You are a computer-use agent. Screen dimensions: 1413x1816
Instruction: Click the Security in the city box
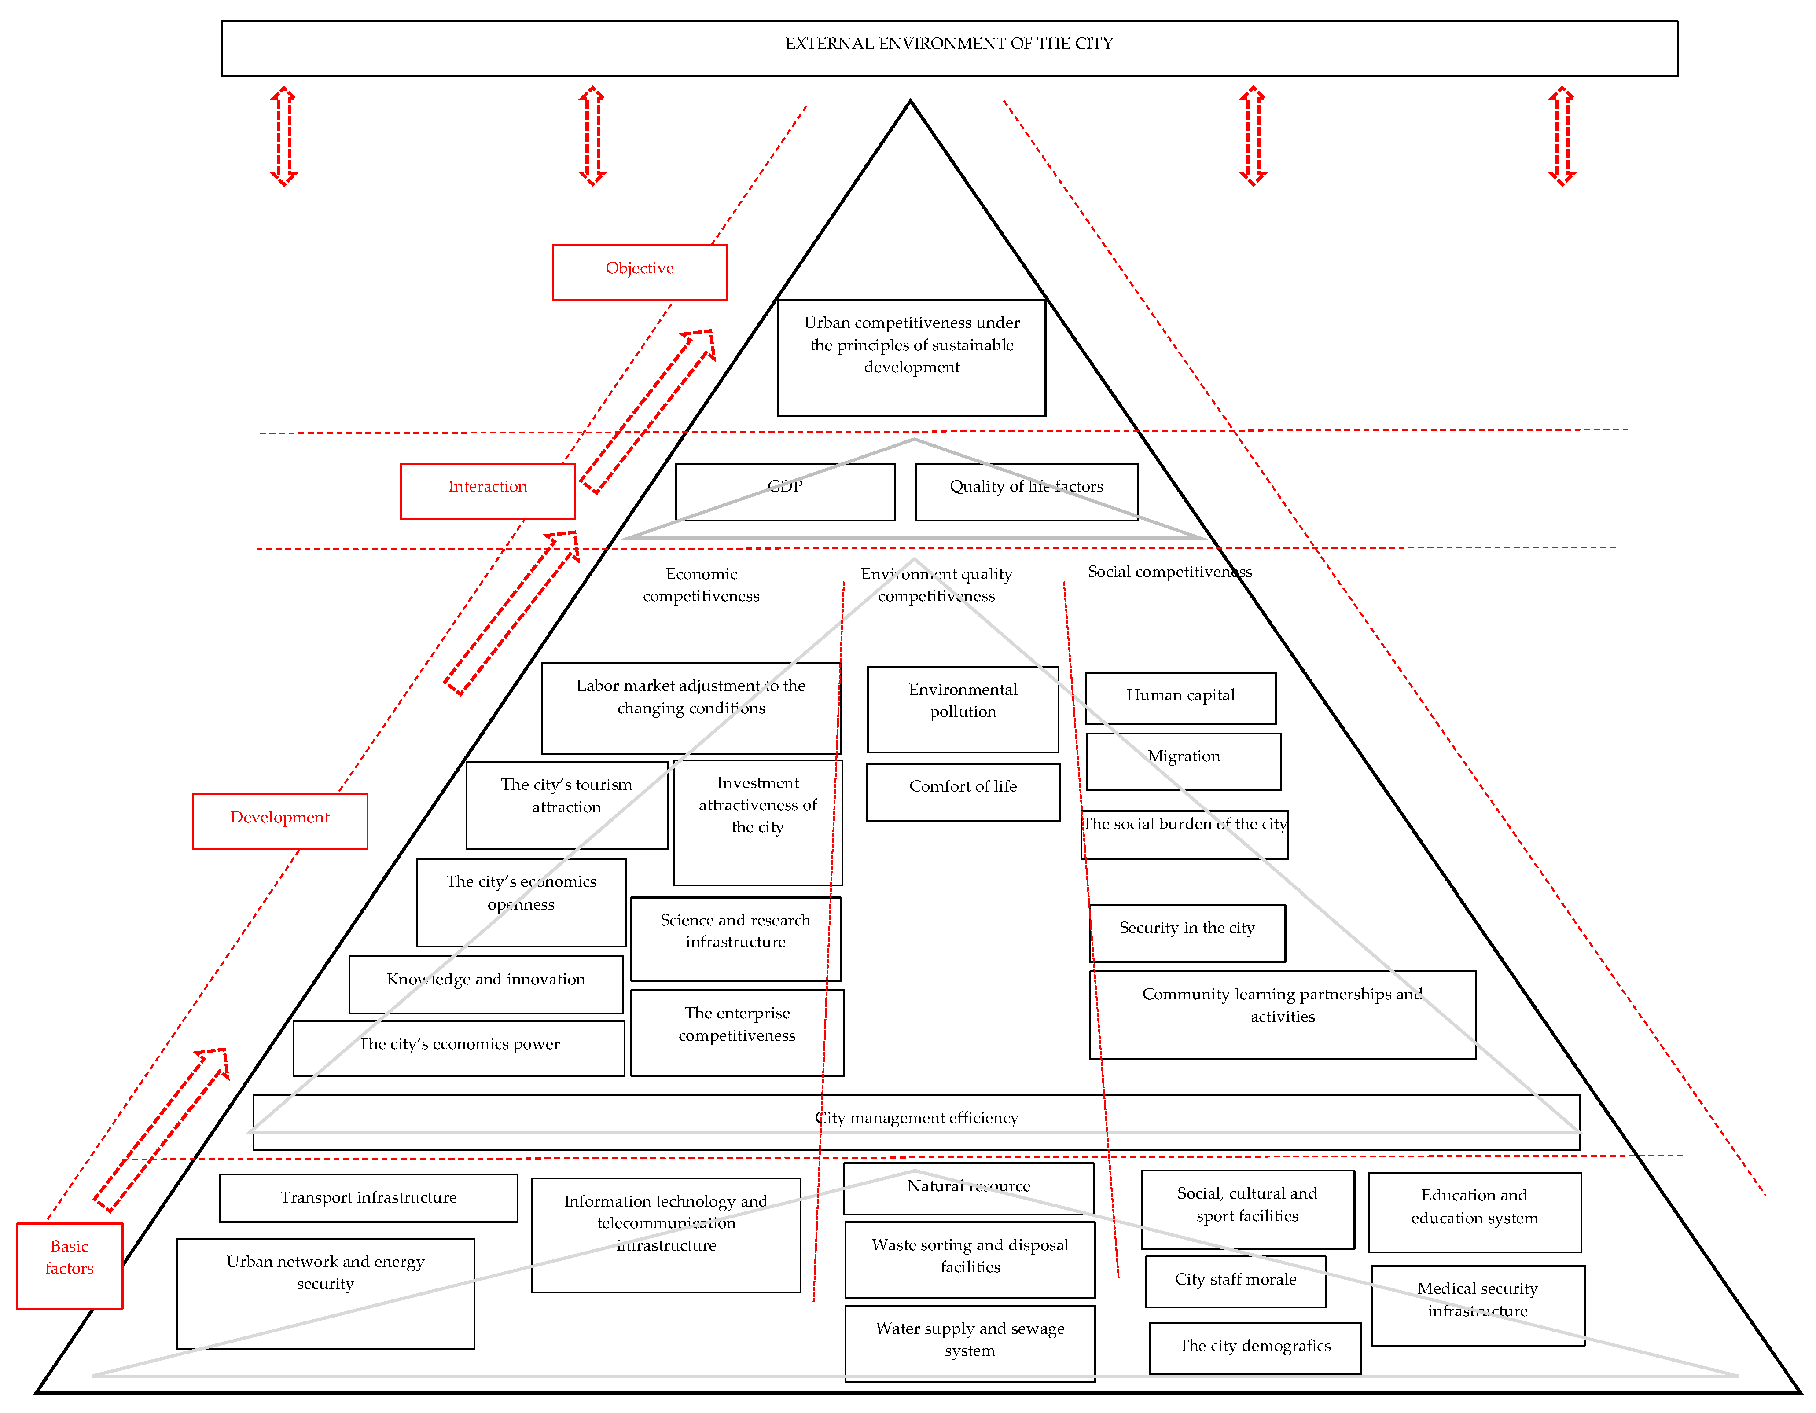[1187, 932]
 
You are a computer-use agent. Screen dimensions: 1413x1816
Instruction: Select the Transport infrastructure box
[368, 1198]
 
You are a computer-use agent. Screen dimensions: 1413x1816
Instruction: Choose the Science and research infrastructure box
[735, 938]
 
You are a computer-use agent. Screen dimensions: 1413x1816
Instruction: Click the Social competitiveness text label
[1169, 572]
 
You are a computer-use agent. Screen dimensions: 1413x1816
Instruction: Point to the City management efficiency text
[916, 1119]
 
